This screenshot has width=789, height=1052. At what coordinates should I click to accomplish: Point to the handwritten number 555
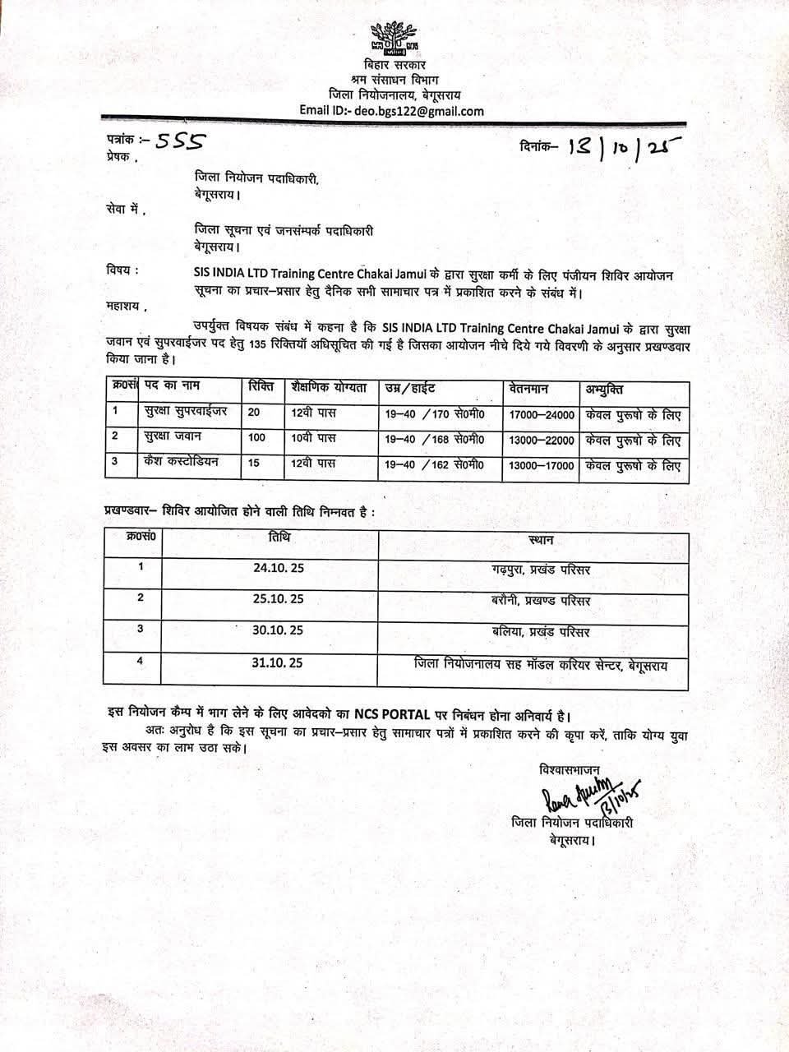click(x=180, y=141)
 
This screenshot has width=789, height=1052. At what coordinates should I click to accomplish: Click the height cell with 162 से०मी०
click(x=435, y=465)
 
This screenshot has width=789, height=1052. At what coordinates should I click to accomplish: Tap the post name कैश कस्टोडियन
click(x=182, y=462)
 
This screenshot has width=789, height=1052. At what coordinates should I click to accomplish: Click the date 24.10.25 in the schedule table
click(x=279, y=568)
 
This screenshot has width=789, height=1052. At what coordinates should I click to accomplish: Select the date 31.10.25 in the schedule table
click(x=279, y=662)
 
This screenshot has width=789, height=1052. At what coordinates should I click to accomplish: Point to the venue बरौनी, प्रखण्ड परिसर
click(x=538, y=601)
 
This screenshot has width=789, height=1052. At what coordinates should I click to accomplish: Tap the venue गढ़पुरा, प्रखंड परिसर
click(x=538, y=570)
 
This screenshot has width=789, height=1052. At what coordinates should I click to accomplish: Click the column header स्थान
click(x=538, y=540)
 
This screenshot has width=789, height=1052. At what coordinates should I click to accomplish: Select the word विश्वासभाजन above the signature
click(x=570, y=769)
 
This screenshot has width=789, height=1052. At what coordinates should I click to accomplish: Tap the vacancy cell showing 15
click(x=254, y=463)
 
